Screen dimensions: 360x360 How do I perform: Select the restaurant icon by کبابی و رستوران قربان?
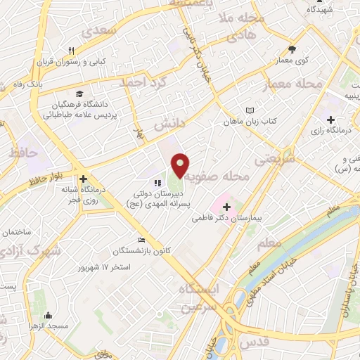(x=71, y=51)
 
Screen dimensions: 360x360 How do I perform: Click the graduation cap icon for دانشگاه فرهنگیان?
(x=79, y=94)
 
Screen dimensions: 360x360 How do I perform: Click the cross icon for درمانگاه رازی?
(x=330, y=121)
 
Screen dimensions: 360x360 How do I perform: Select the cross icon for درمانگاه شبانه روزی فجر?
(x=84, y=179)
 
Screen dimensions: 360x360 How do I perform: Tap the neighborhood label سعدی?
(x=97, y=31)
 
